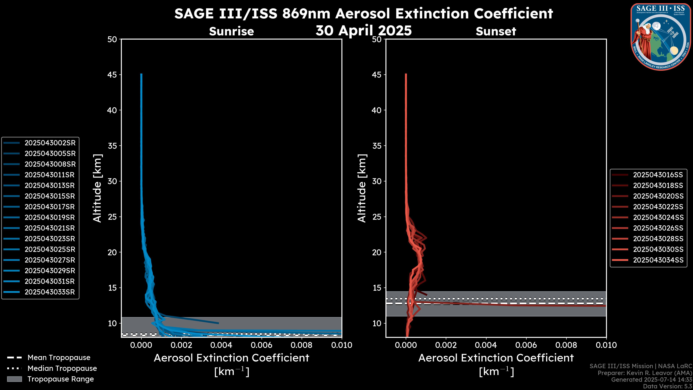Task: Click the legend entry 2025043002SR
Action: (x=50, y=143)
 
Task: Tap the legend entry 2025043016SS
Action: (x=658, y=175)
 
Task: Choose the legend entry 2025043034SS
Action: (x=658, y=260)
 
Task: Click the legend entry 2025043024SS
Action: (x=658, y=217)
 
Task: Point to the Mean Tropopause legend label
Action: (x=59, y=358)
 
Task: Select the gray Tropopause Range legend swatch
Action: (x=14, y=379)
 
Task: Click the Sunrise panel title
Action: (x=231, y=31)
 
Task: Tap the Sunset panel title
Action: (x=496, y=31)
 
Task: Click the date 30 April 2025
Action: (x=363, y=30)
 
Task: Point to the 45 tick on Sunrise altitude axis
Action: (x=112, y=75)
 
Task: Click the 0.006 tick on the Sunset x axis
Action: (x=526, y=345)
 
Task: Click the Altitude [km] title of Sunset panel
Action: (x=362, y=188)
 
